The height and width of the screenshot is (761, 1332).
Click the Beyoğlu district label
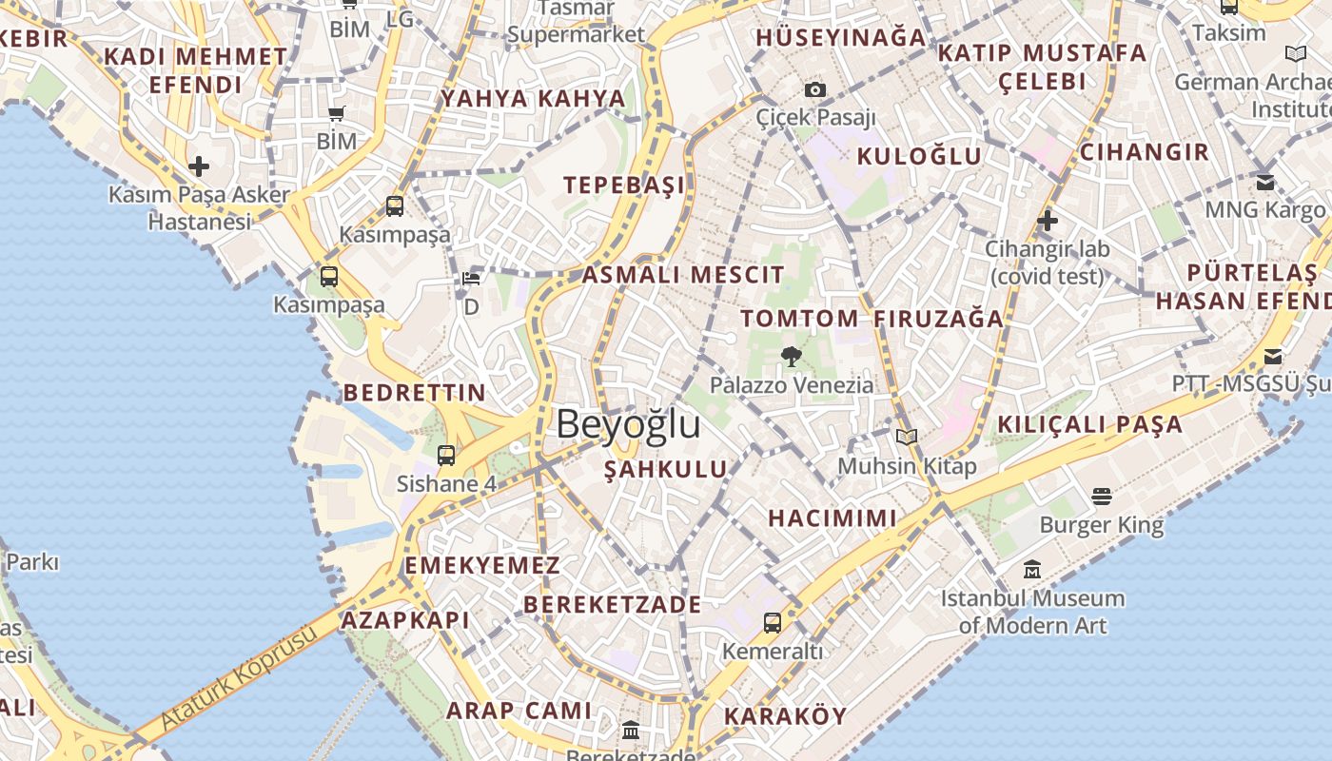coord(628,424)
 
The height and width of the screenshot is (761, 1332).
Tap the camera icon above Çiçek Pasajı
coord(815,90)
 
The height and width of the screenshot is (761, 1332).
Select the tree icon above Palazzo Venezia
coord(791,357)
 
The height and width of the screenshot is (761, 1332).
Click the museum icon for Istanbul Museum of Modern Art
coord(1032,570)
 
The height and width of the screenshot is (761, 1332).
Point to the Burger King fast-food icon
coord(1102,496)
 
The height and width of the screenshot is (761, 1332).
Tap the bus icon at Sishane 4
coord(446,455)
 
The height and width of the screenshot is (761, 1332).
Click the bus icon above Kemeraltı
coord(773,623)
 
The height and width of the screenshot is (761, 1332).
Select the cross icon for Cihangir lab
coord(1048,221)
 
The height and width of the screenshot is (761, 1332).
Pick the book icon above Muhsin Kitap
coord(907,437)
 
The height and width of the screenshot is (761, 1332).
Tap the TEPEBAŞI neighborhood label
coord(624,185)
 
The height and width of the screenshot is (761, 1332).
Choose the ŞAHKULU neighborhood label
coord(666,469)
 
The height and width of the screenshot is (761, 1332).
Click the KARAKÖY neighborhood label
coord(785,716)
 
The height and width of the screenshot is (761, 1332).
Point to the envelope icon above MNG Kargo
coord(1264,182)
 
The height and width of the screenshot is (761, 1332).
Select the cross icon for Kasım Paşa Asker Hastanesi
coord(199,166)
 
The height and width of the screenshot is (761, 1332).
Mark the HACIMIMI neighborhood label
coord(832,518)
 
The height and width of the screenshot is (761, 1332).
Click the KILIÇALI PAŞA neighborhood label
coord(1090,424)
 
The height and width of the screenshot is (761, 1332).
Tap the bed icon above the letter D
coord(471,278)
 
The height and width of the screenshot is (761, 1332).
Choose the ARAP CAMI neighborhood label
coord(519,711)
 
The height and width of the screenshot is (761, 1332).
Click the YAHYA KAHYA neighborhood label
coord(533,98)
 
